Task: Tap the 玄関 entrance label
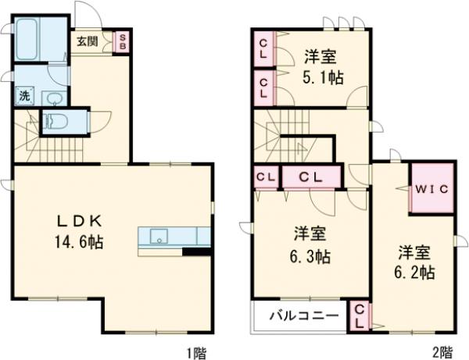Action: [87, 41]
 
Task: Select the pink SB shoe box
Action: [122, 41]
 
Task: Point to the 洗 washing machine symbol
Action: [24, 96]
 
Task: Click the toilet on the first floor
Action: [55, 122]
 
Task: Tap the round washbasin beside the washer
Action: [53, 98]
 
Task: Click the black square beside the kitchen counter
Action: [195, 252]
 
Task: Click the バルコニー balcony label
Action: [305, 316]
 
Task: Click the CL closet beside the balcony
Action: [360, 315]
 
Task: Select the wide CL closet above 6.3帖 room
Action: [311, 176]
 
